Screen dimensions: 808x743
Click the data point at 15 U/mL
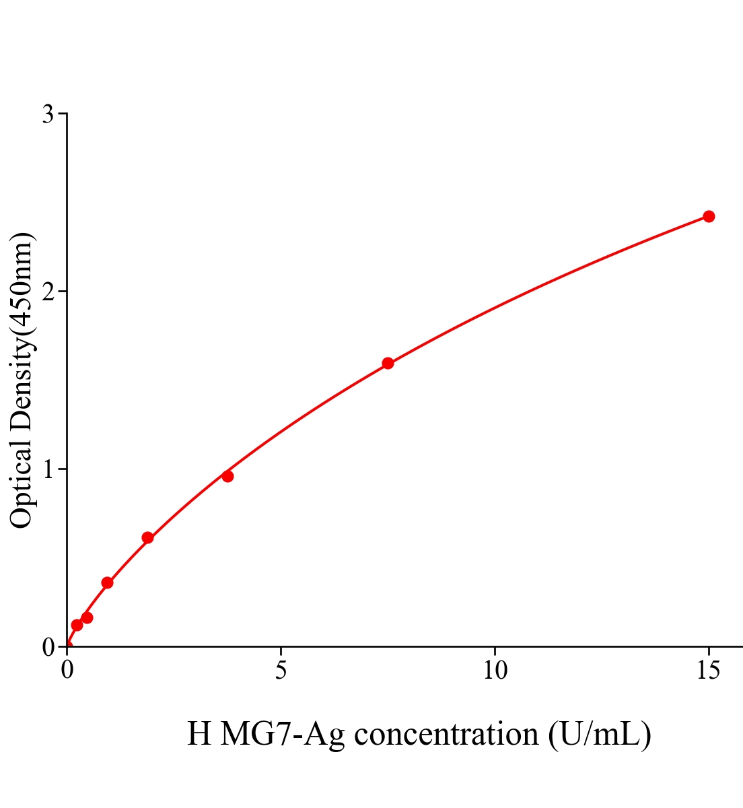pos(708,216)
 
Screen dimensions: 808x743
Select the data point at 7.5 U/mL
pos(388,364)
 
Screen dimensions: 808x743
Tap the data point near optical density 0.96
pos(227,476)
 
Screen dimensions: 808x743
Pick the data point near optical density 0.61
pos(147,537)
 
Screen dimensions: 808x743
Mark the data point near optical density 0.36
pos(107,582)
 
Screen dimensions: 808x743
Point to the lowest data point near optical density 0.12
pos(77,625)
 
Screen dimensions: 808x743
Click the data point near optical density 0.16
pos(87,617)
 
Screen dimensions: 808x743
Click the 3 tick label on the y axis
pos(48,114)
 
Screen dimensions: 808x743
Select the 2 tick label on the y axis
pos(48,292)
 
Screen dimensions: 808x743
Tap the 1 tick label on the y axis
pos(48,469)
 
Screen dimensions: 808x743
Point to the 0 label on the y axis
pos(48,647)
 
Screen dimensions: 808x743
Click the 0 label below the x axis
pos(67,671)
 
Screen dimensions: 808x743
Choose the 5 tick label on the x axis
pos(281,671)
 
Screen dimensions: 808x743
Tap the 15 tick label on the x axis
pos(708,671)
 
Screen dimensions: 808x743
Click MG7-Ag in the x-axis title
pos(283,734)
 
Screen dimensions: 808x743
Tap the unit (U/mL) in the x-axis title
pos(599,734)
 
